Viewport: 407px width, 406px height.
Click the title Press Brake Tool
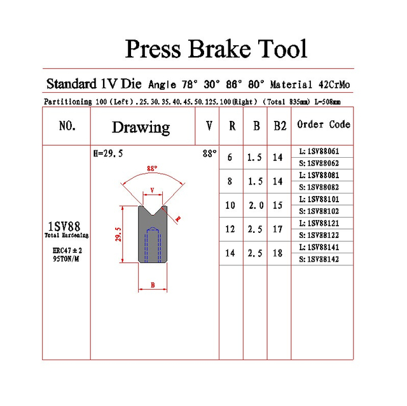coord(216,48)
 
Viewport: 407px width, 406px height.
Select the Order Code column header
coord(324,124)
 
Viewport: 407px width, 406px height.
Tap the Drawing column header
coord(141,127)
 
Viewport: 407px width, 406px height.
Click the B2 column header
coord(280,126)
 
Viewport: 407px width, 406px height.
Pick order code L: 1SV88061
coord(319,151)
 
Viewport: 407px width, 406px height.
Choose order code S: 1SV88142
coord(319,259)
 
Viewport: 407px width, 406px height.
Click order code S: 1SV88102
coord(319,211)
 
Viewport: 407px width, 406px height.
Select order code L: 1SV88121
coord(319,223)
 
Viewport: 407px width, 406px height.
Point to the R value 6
coord(230,157)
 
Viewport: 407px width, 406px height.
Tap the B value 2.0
coord(256,205)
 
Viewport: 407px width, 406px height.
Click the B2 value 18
coord(277,253)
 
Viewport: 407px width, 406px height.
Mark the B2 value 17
coord(277,229)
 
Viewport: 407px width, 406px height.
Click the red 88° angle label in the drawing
coord(152,169)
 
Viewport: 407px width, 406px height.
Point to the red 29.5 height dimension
coord(118,234)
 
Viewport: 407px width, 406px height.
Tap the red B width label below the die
coord(153,285)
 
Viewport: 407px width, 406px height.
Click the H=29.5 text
coord(108,153)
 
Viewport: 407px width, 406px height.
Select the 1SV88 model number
coord(64,227)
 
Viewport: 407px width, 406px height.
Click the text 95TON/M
coord(66,259)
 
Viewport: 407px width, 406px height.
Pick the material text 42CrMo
coord(334,85)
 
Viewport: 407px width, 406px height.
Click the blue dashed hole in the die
coord(153,244)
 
